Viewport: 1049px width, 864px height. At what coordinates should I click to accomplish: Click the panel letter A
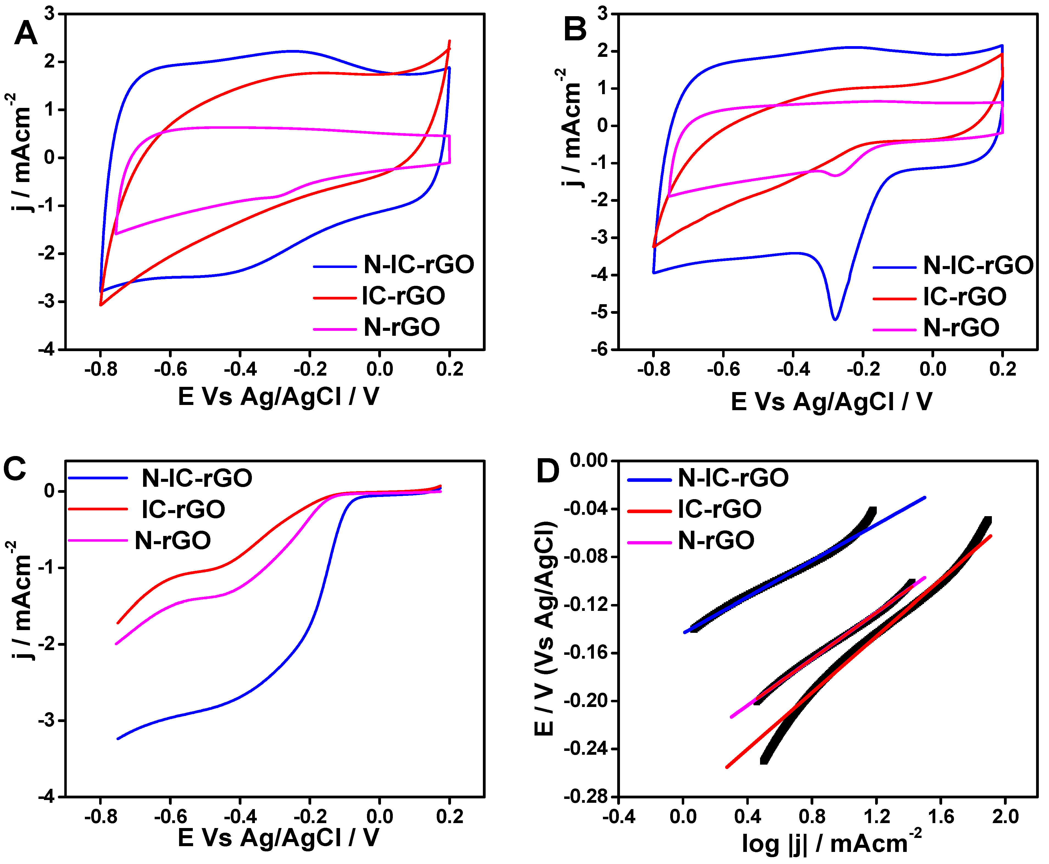[x=26, y=34]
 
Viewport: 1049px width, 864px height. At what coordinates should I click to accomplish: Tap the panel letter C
[x=15, y=469]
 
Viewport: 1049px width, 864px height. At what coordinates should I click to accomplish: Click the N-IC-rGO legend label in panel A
[x=419, y=265]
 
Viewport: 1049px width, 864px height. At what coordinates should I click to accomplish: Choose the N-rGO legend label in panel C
[x=173, y=541]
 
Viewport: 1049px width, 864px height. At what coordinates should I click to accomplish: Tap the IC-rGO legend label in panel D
[x=719, y=509]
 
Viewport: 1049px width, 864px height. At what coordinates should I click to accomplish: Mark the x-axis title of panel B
[x=831, y=402]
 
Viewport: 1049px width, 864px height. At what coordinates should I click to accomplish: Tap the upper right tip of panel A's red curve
[x=450, y=41]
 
